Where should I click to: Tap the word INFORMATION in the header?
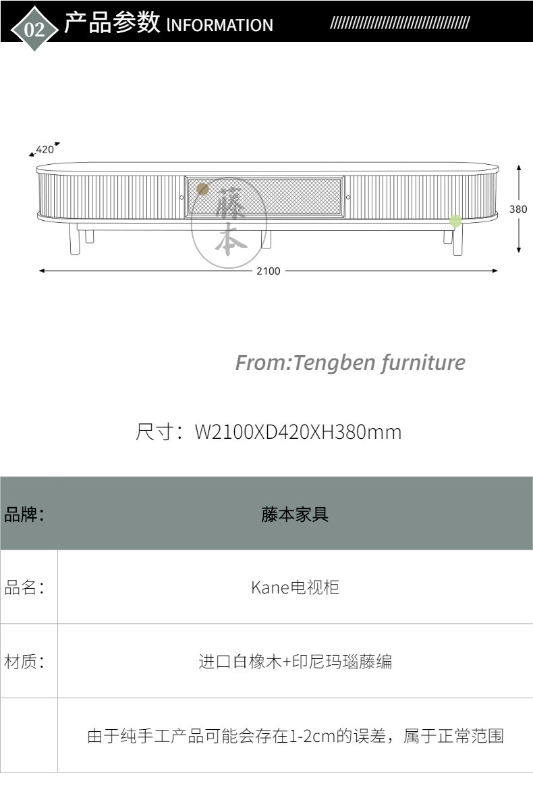(220, 26)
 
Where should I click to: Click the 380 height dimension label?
(518, 209)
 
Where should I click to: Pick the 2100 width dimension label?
(268, 271)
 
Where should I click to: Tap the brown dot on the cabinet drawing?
(202, 190)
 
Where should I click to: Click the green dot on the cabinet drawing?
(456, 221)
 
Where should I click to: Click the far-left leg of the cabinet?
(74, 240)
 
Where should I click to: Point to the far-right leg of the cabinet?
(458, 240)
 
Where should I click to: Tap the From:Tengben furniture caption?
(350, 363)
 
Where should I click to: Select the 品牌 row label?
(24, 514)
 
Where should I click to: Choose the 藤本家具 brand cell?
(295, 514)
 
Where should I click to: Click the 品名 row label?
(24, 587)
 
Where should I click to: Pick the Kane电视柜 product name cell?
(295, 587)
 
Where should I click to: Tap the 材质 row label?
(24, 662)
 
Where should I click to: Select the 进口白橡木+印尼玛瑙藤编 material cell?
(295, 662)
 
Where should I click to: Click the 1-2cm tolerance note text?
(295, 736)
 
